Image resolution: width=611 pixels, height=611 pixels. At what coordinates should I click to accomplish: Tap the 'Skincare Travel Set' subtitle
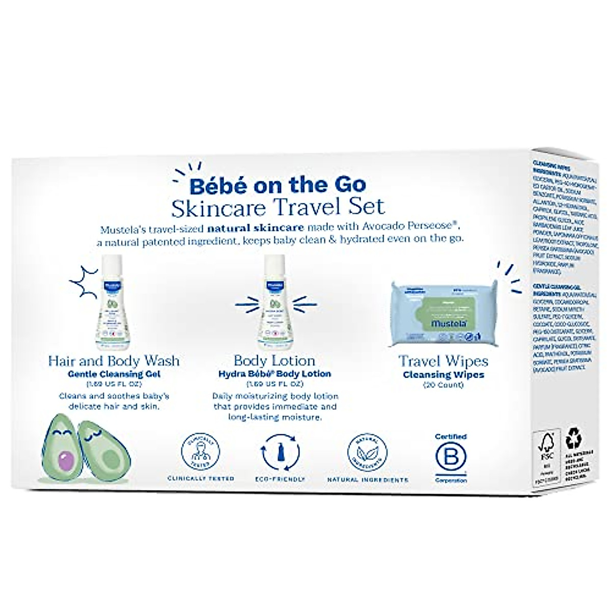tap(279, 207)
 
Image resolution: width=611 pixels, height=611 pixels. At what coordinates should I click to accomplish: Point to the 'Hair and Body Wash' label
tap(114, 361)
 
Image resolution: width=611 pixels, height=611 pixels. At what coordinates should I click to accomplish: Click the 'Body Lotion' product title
tap(274, 361)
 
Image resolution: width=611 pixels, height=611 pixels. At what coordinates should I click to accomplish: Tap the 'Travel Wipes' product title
tap(443, 362)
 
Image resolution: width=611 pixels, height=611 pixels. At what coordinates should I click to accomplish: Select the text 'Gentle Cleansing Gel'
tap(114, 374)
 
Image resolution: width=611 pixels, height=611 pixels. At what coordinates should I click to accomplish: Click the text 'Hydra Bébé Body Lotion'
tap(274, 374)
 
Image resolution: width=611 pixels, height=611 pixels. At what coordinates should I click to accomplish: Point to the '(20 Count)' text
tap(443, 385)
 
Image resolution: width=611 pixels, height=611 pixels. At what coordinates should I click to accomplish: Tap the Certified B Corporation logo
tap(450, 458)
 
